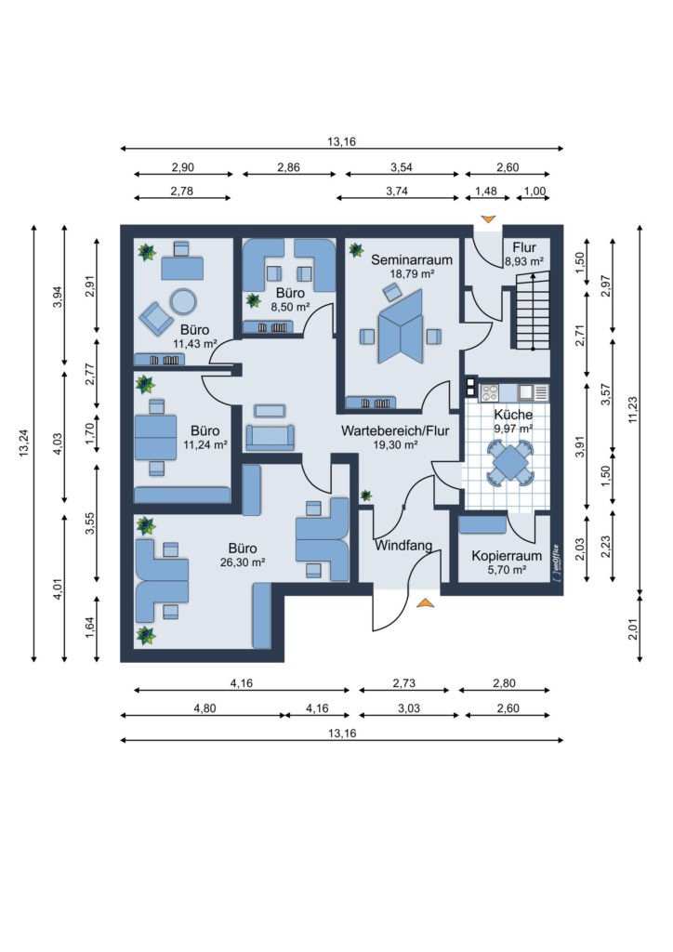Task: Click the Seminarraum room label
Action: pos(412,260)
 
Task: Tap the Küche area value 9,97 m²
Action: pos(513,428)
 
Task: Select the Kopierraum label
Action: pos(507,556)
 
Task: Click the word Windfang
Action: pos(403,545)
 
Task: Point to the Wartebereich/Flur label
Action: pos(395,430)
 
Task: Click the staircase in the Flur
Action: pos(533,311)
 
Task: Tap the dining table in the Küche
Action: pos(509,463)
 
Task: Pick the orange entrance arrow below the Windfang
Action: pos(426,602)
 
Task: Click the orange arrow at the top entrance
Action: pos(488,219)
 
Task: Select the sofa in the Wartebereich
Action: pos(271,437)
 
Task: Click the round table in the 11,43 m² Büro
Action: pos(183,300)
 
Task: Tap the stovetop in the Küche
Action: pos(489,393)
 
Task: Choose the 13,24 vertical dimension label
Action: pos(24,443)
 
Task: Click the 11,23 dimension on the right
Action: pos(633,410)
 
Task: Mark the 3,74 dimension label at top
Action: pos(397,192)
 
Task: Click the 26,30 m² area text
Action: pos(243,562)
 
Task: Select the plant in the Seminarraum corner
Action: pos(356,249)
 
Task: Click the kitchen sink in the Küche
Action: pos(525,392)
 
